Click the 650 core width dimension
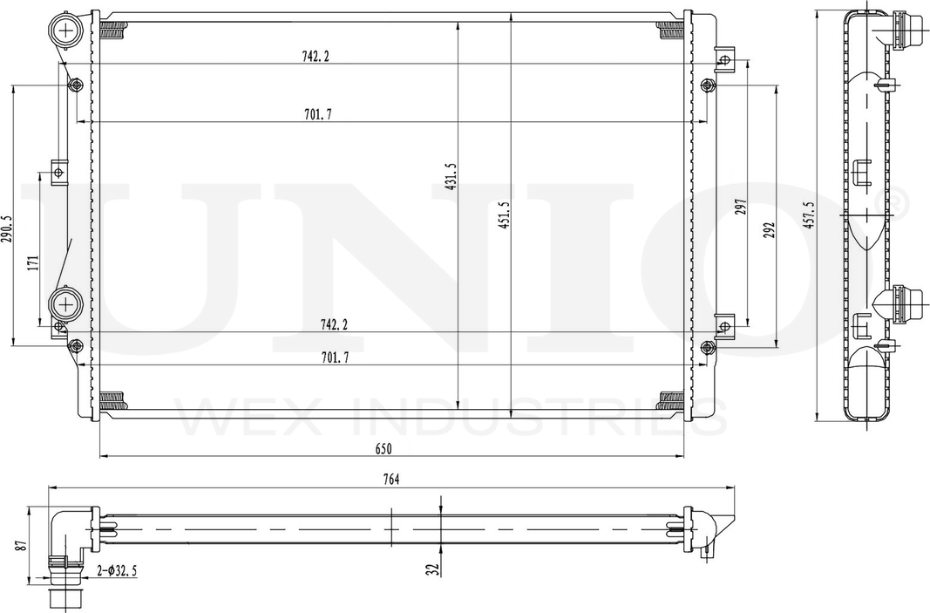384,448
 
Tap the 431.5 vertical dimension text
451,177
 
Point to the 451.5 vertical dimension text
504,215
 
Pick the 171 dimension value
32,264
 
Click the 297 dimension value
741,207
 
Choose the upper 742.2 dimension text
316,57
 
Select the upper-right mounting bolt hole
708,85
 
